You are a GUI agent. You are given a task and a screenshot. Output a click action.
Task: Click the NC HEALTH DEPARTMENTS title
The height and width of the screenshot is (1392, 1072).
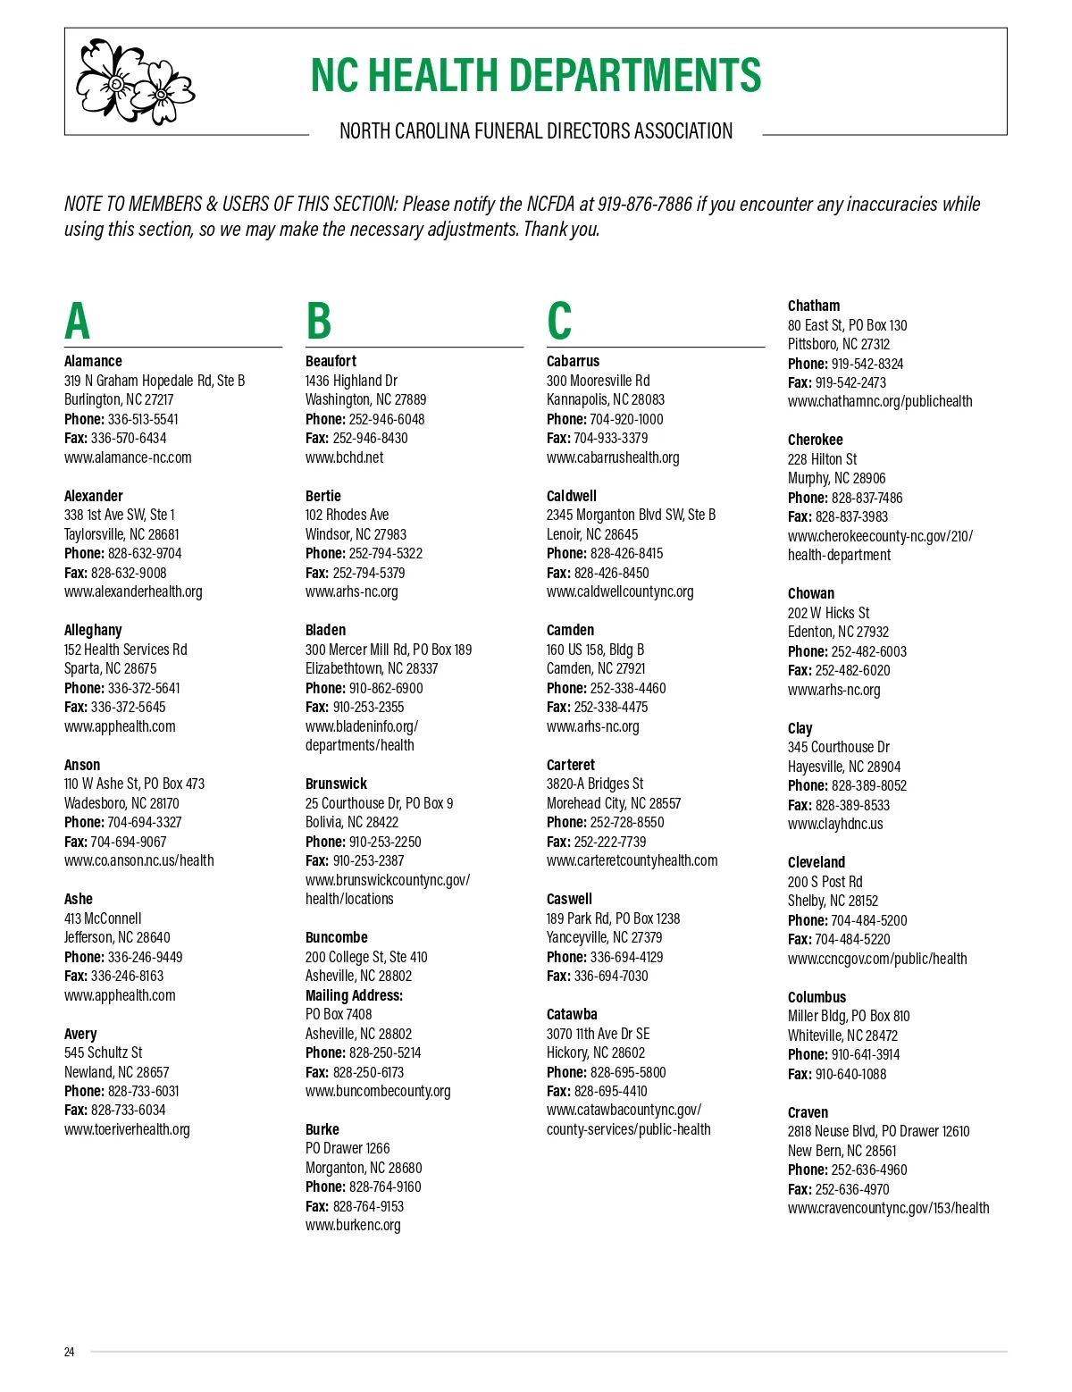535,76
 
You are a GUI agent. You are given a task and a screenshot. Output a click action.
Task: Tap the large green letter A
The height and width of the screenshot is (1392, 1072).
78,322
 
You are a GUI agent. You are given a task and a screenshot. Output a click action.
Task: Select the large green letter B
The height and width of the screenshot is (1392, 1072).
318,322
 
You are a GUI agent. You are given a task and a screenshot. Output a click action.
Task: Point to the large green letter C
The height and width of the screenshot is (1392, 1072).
559,322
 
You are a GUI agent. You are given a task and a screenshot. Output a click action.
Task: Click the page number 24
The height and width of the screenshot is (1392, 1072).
70,1352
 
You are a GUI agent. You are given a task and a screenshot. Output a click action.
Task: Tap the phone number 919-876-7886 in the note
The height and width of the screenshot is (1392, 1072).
645,205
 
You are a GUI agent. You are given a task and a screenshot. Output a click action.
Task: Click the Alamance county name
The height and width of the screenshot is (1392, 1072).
93,361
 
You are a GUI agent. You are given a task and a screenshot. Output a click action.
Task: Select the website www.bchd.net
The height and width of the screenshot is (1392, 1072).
344,457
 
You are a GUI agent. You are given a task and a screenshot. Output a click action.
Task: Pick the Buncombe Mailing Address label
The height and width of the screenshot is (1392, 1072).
354,995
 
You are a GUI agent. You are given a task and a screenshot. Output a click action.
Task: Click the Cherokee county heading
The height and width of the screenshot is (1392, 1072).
815,440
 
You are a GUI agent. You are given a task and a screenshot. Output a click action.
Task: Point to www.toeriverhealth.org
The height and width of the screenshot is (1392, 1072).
127,1129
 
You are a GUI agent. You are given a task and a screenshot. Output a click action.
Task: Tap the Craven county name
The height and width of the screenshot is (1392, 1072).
808,1112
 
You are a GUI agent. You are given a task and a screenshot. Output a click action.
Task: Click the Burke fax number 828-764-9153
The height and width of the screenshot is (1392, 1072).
368,1206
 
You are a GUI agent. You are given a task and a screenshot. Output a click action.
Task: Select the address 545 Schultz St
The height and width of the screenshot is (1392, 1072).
103,1052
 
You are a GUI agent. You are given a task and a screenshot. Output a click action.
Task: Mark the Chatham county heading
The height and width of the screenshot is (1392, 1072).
813,306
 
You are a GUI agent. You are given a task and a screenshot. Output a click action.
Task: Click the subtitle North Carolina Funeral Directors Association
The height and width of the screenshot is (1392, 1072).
535,132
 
